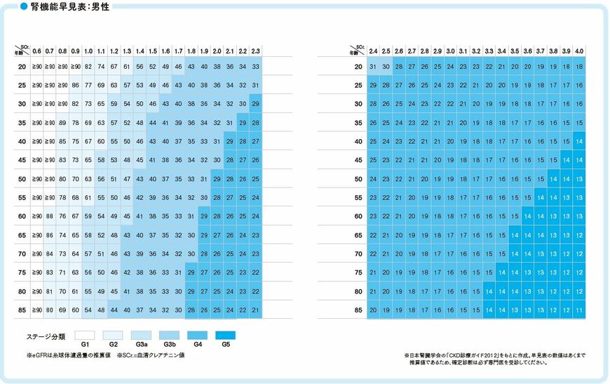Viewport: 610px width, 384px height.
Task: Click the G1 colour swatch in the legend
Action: pos(85,335)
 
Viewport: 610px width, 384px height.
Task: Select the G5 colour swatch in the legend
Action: pos(225,335)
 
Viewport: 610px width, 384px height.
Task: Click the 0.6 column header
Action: pos(37,51)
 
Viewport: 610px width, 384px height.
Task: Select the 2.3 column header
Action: pos(256,51)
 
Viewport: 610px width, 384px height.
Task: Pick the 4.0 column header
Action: pos(579,51)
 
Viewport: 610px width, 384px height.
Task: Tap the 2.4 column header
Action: pos(373,51)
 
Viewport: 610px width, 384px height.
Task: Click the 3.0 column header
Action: pos(450,51)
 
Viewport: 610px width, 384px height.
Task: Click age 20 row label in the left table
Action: pos(22,67)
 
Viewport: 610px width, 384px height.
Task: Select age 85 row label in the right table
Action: pos(358,310)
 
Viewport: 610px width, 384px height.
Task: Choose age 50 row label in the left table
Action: pos(22,179)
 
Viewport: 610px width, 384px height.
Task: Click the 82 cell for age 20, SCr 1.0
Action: pos(88,67)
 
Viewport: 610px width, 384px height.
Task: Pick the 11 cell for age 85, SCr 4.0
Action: pos(579,310)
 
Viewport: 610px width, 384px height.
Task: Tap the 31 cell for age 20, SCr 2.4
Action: pos(373,67)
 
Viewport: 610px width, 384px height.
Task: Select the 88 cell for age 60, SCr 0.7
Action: pos(50,216)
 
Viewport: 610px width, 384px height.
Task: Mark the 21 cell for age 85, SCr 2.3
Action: pos(256,310)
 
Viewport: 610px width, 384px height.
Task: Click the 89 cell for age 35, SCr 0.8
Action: pos(62,123)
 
